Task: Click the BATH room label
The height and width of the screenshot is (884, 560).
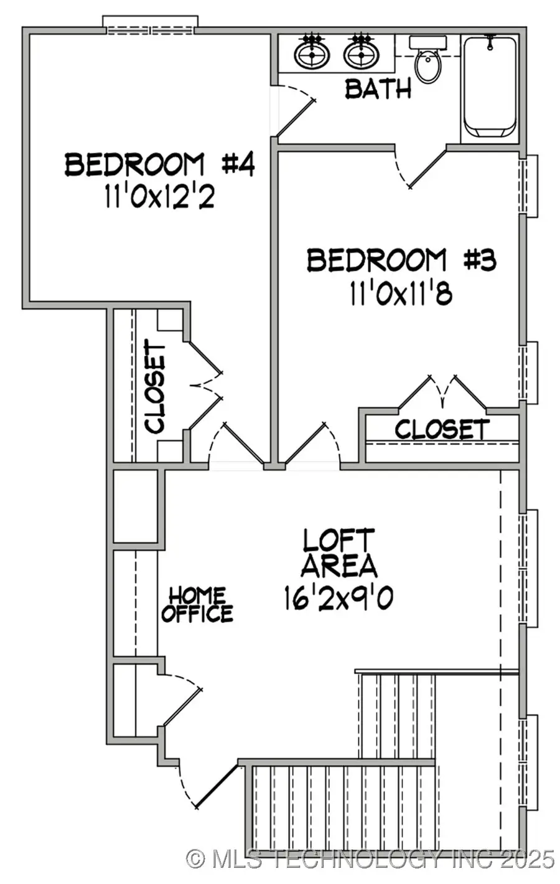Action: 378,88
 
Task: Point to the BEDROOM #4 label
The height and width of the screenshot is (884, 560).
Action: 160,165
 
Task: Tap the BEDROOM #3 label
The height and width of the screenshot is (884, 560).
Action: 401,260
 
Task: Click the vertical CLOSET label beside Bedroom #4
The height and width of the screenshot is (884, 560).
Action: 155,386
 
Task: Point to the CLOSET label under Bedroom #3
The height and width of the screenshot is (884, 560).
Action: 442,429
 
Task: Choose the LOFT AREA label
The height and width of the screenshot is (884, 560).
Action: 339,553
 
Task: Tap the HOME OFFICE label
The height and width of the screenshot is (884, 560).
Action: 197,604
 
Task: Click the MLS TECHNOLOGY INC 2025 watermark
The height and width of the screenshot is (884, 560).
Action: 371,860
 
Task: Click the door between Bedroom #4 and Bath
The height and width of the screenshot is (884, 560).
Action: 294,110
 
